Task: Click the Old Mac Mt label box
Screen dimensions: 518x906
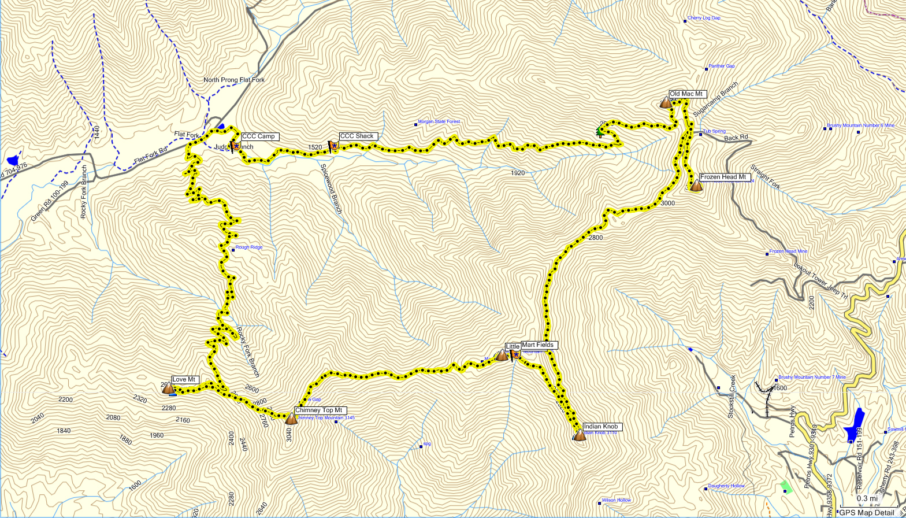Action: (x=687, y=94)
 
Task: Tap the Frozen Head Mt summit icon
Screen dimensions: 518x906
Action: (x=696, y=186)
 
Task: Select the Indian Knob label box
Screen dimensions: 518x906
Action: (x=602, y=427)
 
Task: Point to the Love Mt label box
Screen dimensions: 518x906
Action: (x=185, y=380)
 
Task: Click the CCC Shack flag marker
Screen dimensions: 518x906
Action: (x=333, y=146)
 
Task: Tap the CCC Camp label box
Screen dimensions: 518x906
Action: (x=259, y=137)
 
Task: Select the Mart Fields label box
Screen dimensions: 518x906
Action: (x=539, y=345)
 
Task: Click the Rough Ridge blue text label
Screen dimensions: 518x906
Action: (x=248, y=247)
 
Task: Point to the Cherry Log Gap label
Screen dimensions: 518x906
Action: (x=703, y=18)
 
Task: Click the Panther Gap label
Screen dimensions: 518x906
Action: (x=721, y=66)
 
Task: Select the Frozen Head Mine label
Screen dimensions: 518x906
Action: (x=790, y=251)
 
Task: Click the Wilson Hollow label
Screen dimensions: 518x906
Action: (x=616, y=500)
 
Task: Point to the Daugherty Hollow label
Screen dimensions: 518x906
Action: (x=726, y=486)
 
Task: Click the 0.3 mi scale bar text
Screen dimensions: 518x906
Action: (x=867, y=498)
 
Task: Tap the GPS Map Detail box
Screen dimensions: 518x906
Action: (x=866, y=512)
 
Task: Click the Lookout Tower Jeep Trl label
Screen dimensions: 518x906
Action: (x=820, y=282)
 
